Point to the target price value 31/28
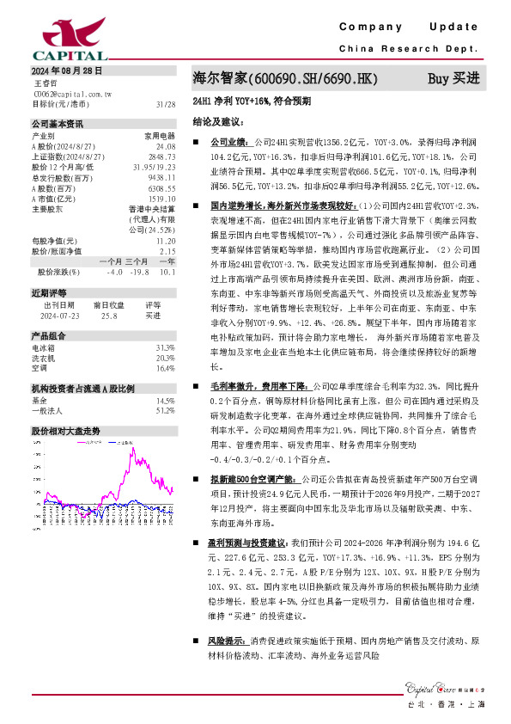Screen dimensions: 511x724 tap(166, 103)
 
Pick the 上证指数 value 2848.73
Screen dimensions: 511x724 tap(161, 156)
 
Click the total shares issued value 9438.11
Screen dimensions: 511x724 tap(161, 177)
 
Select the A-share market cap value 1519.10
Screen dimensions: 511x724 tap(161, 198)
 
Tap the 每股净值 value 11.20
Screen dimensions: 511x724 tap(166, 242)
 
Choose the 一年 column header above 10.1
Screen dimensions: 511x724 tap(167, 261)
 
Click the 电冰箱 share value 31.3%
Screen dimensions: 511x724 tap(165, 347)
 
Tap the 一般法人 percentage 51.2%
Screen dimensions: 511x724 tap(165, 411)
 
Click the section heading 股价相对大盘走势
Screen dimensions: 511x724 tap(66, 430)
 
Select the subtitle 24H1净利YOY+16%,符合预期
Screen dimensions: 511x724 tap(253, 101)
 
